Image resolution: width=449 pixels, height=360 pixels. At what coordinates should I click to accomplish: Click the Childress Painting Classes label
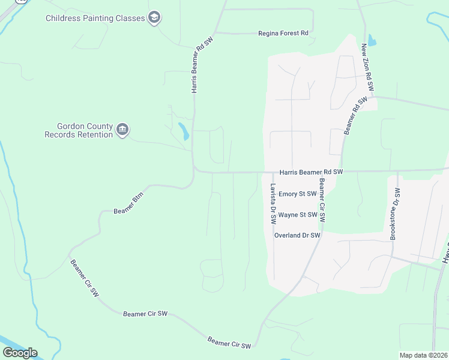[x=95, y=18]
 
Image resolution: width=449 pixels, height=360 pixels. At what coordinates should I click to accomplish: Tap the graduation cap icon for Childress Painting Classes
[x=154, y=17]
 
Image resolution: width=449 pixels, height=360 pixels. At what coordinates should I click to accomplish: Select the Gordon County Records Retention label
[x=79, y=130]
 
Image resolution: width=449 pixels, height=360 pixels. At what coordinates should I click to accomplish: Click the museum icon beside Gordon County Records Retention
[x=122, y=130]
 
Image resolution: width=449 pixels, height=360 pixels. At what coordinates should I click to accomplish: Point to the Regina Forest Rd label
[x=283, y=34]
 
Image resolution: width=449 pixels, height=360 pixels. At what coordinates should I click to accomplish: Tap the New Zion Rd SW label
[x=367, y=67]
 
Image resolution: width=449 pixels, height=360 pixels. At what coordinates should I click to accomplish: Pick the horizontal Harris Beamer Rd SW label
[x=312, y=172]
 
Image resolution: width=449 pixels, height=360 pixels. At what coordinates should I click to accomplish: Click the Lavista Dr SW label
[x=273, y=203]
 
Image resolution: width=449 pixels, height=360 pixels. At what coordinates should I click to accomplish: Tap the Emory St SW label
[x=297, y=194]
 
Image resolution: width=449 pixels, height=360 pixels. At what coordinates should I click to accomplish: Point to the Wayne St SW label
[x=298, y=214]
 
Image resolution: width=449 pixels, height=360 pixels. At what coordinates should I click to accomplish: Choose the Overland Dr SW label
[x=297, y=235]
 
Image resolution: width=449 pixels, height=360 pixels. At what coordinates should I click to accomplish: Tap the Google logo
[x=20, y=352]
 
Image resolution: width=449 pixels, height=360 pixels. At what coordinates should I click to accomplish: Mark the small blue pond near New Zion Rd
[x=371, y=41]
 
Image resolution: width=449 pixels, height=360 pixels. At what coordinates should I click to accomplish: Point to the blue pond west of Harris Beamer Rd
[x=183, y=131]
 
